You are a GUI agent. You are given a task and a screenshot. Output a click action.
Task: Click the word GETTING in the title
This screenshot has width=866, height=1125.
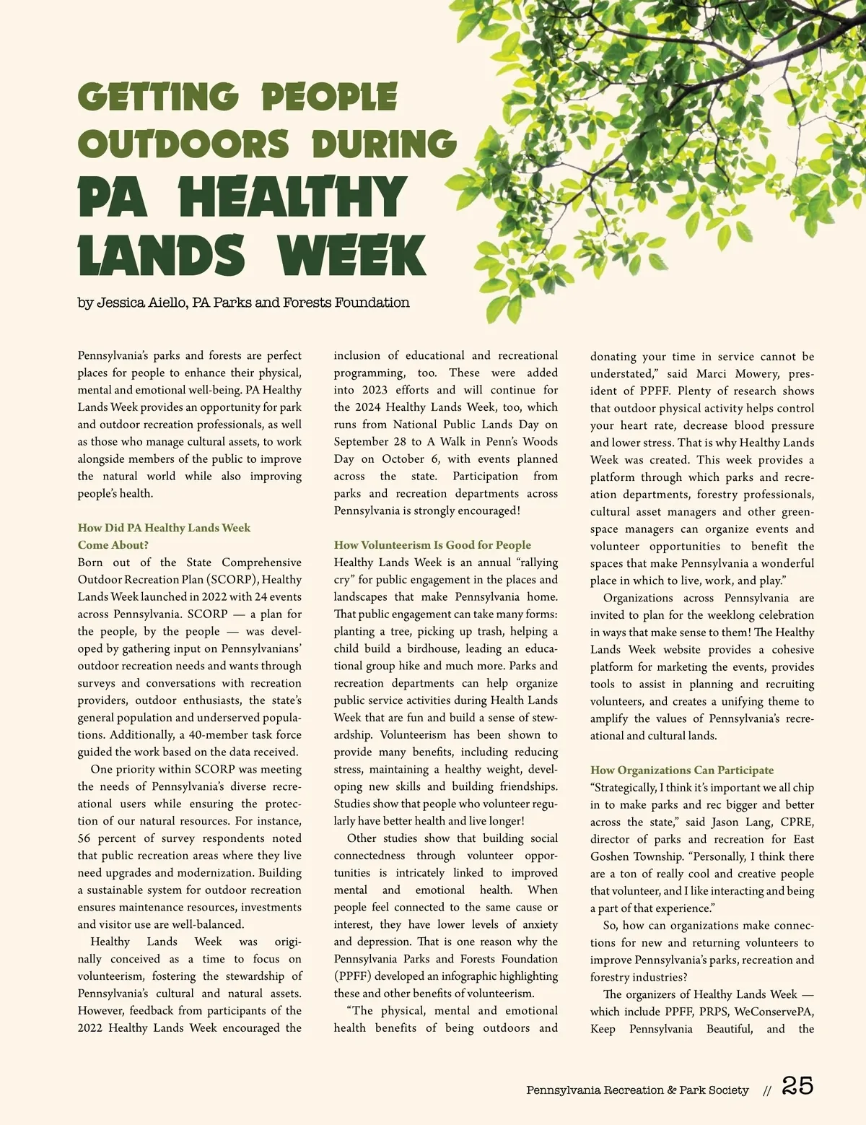[158, 97]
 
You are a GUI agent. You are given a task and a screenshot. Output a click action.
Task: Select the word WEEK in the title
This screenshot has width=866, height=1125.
[351, 255]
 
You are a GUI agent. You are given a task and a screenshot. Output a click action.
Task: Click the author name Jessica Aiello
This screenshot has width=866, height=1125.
[142, 303]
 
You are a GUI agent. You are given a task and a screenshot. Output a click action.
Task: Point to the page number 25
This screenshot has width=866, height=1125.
[797, 1086]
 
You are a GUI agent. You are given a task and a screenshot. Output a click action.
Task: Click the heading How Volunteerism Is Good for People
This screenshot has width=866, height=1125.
[432, 545]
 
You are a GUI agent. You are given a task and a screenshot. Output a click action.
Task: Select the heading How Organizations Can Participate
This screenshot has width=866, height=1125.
[682, 770]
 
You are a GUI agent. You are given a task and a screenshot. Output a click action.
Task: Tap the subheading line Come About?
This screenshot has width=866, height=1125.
[113, 545]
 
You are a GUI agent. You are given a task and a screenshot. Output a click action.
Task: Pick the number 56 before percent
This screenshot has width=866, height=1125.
[86, 838]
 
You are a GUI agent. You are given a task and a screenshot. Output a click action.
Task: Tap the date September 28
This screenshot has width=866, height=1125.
[370, 442]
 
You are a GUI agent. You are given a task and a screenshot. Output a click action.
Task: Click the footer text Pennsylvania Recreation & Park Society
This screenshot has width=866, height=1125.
[637, 1090]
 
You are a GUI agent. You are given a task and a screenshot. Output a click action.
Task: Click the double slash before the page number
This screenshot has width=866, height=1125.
[767, 1091]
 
